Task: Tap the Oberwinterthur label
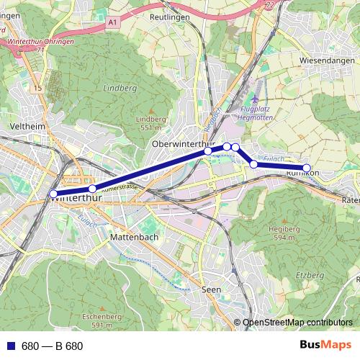tap(182, 144)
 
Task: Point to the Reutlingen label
tap(171, 15)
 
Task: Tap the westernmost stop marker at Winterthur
tap(53, 193)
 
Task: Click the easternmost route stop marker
tap(307, 168)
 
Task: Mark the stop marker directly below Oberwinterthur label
tap(208, 150)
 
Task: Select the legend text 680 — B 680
tap(52, 346)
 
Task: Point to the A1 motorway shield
tap(113, 23)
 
